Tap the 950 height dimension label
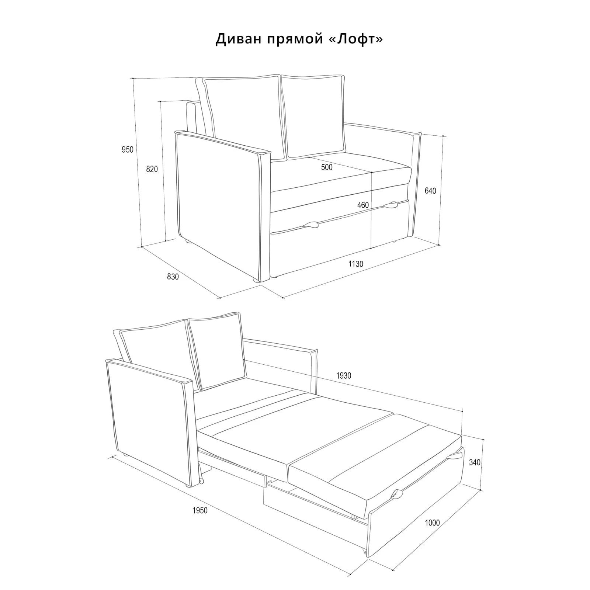point(128,149)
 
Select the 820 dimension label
point(152,169)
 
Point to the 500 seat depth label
point(327,167)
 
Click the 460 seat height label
point(363,205)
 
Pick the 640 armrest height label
point(430,191)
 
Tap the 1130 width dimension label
point(356,264)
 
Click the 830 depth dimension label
point(173,276)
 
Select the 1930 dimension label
point(344,376)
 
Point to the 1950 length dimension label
point(200,510)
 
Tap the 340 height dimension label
point(475,462)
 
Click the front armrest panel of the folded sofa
point(223,205)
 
